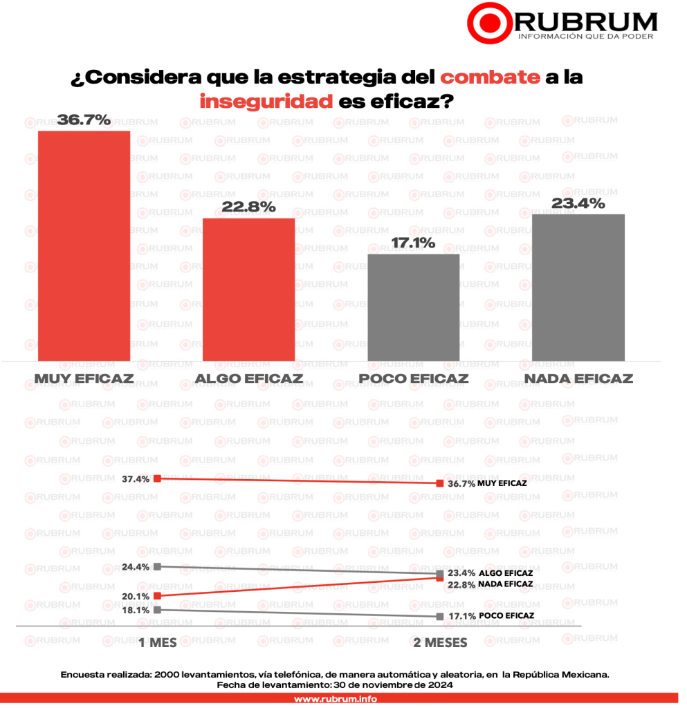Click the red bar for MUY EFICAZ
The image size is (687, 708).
click(x=84, y=245)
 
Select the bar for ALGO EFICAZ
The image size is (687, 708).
click(x=248, y=289)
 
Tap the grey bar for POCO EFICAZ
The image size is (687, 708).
click(x=413, y=307)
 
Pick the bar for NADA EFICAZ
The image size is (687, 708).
click(x=578, y=287)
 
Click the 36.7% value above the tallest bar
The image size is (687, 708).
click(x=84, y=120)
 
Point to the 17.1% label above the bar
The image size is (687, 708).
click(x=413, y=243)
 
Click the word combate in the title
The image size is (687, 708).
click(x=490, y=77)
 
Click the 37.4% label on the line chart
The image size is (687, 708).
click(x=136, y=478)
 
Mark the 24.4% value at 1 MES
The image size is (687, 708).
click(x=136, y=566)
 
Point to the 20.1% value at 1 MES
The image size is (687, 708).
click(x=136, y=595)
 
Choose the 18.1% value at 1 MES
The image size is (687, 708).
click(x=136, y=610)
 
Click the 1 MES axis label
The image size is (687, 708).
click(x=158, y=642)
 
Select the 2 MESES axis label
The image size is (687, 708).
click(x=440, y=642)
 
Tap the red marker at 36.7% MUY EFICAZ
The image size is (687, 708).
click(x=440, y=483)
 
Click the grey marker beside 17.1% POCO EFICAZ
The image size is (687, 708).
click(x=440, y=615)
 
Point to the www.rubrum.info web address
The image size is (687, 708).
click(x=336, y=699)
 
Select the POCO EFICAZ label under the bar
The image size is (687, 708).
click(x=413, y=379)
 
